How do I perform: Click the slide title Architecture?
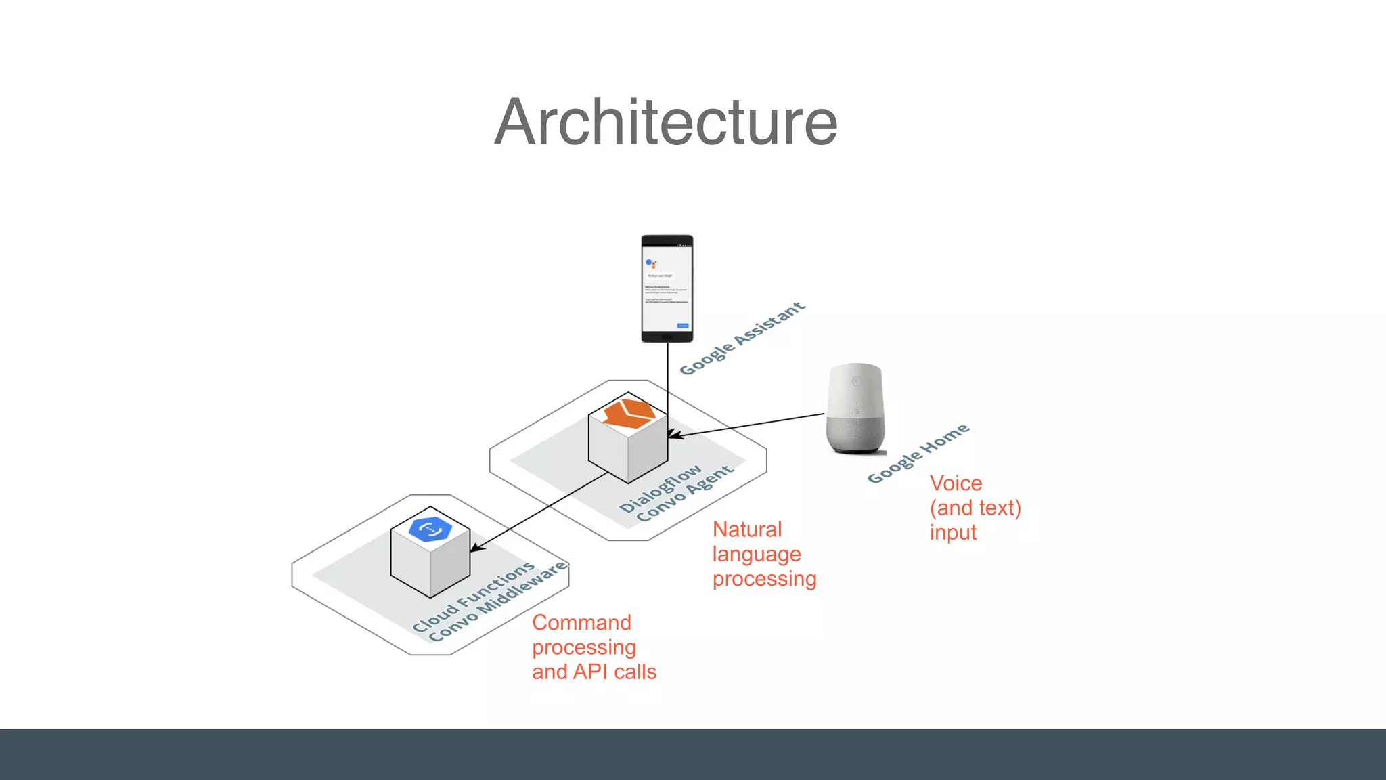(x=666, y=122)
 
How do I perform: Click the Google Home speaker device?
(x=855, y=408)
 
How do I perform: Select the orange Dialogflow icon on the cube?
(x=629, y=413)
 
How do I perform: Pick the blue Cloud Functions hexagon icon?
(x=430, y=529)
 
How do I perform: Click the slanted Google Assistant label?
(x=742, y=339)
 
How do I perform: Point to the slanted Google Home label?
(x=918, y=454)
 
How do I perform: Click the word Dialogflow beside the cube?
(x=661, y=489)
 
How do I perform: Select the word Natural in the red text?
(x=746, y=529)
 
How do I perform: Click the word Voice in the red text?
(x=955, y=483)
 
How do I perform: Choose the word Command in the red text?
(x=581, y=623)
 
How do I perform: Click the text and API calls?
(x=594, y=672)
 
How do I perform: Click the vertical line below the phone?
(x=668, y=379)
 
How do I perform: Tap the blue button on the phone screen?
(x=683, y=326)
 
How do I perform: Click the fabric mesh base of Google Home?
(x=855, y=434)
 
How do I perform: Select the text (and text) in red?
(x=975, y=508)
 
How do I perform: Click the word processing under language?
(x=764, y=580)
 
